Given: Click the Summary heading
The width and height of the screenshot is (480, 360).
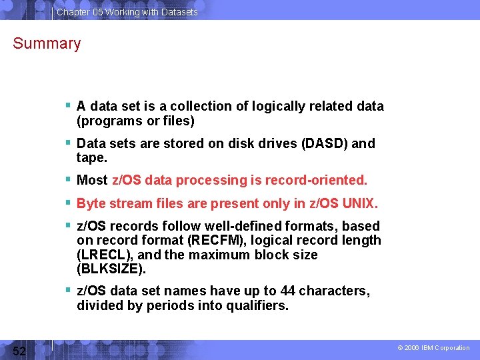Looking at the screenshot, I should [x=47, y=44].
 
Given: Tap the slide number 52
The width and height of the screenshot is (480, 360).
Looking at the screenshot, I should [x=19, y=351].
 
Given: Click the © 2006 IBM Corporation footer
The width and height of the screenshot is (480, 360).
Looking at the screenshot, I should [x=433, y=348].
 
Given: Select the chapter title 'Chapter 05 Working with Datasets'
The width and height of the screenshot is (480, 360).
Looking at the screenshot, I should [x=127, y=12].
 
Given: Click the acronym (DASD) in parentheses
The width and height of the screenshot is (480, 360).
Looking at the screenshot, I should [x=324, y=143].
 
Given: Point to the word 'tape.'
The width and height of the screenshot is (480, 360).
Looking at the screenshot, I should [x=92, y=158].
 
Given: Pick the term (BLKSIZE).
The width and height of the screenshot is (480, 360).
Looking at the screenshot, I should [x=111, y=269].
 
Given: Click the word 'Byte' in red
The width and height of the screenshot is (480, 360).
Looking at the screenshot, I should [x=91, y=203].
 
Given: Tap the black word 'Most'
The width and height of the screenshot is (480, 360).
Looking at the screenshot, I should [x=92, y=181].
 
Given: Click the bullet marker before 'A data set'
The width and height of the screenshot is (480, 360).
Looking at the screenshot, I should [x=69, y=105].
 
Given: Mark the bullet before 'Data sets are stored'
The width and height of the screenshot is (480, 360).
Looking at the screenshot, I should [x=69, y=143].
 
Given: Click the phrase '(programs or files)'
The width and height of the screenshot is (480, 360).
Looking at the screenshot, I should [x=135, y=121].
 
